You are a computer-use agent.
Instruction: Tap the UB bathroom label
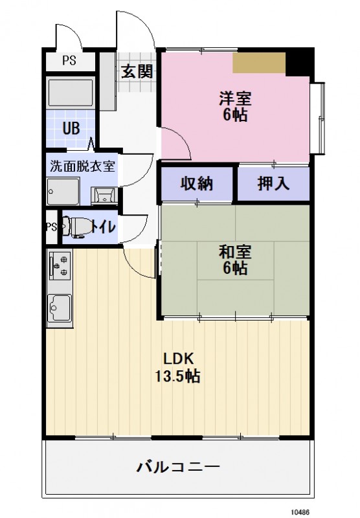tap(71, 127)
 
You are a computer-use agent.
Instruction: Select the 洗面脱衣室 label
tap(82, 165)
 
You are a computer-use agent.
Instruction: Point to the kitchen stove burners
tap(58, 265)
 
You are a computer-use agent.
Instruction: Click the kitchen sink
tap(60, 305)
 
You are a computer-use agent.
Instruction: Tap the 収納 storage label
tap(196, 184)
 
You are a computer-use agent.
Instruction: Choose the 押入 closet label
tap(273, 184)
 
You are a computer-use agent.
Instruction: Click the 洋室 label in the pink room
tap(234, 100)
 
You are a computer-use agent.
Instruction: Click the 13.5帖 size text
tap(177, 376)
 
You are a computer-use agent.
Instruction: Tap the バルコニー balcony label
tap(178, 466)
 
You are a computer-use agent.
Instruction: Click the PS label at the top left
tap(68, 62)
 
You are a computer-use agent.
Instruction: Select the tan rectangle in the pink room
tap(259, 63)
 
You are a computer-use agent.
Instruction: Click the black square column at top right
tap(298, 62)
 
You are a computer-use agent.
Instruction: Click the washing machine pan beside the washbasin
tap(63, 191)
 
